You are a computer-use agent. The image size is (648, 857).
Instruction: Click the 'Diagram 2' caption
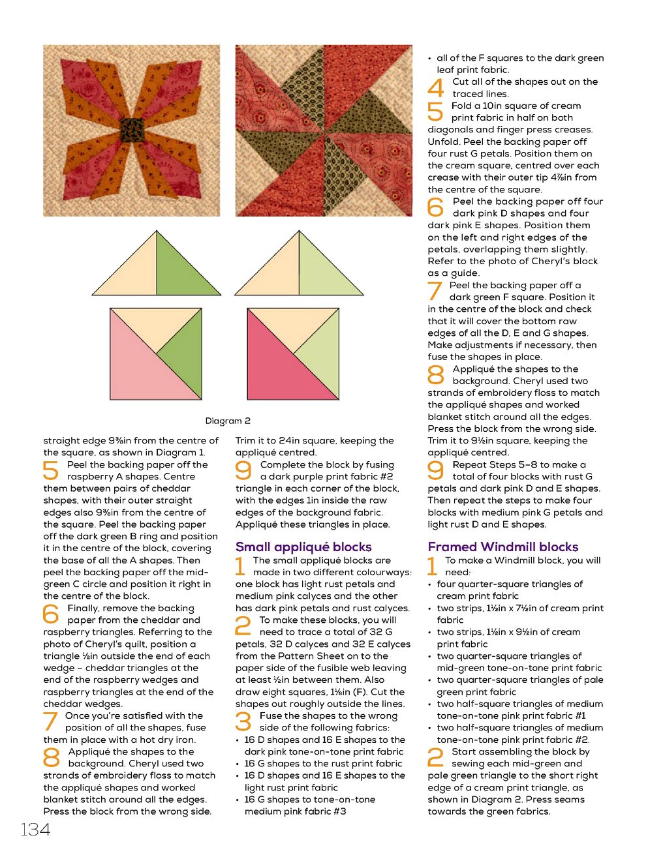point(228,421)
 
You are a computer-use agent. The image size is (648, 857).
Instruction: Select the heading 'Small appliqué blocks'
point(303,547)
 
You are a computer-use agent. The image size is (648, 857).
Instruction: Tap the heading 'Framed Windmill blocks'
point(503,547)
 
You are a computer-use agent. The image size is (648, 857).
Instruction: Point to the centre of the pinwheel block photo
point(324,131)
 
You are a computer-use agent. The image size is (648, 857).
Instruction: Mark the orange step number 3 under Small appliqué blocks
point(243,722)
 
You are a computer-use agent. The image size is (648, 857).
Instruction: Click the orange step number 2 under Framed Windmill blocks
point(436,758)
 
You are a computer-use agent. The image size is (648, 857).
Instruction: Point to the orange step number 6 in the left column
point(52,614)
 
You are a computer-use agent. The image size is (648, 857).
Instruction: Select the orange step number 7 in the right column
point(436,292)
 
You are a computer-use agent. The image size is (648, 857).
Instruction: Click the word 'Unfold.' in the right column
point(442,142)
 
